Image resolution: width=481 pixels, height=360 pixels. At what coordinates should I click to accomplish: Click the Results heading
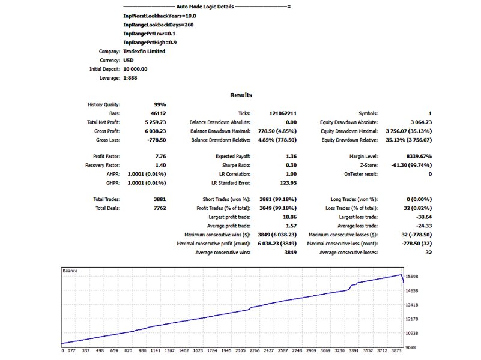tap(241, 95)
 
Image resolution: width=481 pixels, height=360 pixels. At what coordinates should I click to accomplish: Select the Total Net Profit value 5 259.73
tap(155, 122)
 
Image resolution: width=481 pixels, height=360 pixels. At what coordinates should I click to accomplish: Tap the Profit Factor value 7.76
tap(160, 156)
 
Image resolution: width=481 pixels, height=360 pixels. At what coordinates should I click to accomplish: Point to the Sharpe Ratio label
tap(236, 165)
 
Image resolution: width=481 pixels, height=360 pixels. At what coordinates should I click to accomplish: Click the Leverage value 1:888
tap(130, 78)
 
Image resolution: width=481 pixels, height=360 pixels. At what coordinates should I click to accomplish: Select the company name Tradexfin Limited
tap(144, 51)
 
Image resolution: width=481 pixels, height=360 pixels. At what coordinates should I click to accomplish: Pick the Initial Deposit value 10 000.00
tap(135, 69)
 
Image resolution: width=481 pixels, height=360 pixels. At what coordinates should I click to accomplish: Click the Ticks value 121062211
tap(283, 113)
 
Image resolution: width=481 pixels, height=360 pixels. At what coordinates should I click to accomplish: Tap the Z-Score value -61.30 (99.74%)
tap(411, 165)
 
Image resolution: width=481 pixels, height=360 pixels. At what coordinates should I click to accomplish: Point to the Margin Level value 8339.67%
tap(419, 156)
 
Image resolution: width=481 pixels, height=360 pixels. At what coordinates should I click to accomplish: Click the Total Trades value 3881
tap(160, 199)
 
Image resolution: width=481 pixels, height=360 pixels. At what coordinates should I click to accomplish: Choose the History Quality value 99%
tap(160, 104)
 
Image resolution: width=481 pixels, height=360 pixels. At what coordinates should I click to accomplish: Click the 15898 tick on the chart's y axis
tap(412, 277)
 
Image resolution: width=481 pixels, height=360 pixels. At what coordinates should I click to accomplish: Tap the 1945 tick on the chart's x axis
tap(226, 350)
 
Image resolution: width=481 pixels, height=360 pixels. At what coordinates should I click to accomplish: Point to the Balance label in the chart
tap(70, 271)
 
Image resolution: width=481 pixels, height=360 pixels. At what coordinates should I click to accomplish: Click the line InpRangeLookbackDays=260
tap(159, 25)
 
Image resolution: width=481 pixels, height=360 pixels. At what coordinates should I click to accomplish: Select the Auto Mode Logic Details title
tap(205, 7)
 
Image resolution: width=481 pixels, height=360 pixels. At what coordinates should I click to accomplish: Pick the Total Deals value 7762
tap(160, 208)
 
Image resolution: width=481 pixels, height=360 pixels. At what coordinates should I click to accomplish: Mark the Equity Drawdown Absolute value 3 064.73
tap(421, 122)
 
